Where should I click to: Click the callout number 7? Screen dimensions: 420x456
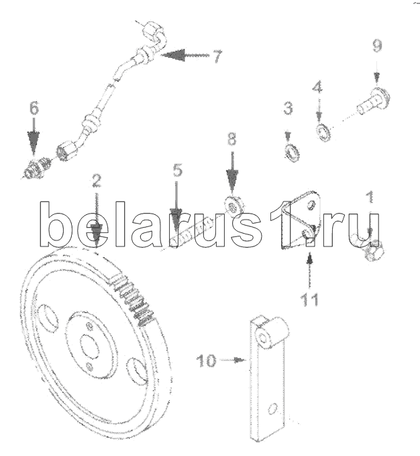pos(217,56)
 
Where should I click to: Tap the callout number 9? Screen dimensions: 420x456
pos(377,46)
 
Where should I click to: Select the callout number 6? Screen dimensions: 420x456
pos(34,108)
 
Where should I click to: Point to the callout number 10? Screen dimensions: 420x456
pos(207,361)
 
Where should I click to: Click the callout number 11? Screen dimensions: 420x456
pos(309,300)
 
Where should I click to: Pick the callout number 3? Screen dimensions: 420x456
pos(288,108)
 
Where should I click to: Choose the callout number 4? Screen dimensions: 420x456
pos(317,87)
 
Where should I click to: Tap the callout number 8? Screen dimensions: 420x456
pos(231,139)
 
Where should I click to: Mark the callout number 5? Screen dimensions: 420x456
pos(178,170)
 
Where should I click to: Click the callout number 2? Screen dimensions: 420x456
pos(97,181)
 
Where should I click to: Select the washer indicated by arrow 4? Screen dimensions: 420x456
pos(323,133)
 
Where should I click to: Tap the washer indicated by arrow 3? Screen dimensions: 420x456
pos(292,153)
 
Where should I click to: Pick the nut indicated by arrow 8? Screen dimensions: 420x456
pos(233,206)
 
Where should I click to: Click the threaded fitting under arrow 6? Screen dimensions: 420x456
pos(38,169)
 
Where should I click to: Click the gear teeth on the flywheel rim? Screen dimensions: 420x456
pos(134,300)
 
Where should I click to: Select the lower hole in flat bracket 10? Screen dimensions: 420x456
pos(272,409)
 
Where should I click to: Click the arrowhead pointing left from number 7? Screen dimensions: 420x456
pos(173,55)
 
